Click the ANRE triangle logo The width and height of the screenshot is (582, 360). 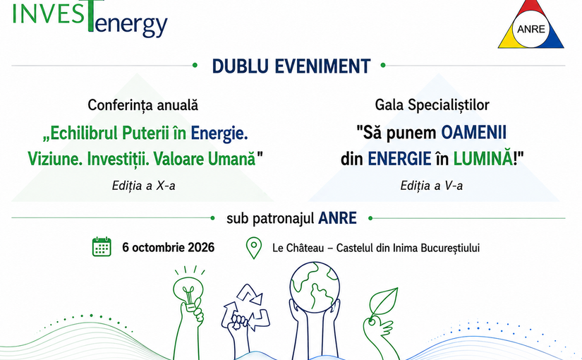[531, 25]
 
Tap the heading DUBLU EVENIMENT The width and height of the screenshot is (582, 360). [291, 66]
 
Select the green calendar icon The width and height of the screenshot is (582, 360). [102, 246]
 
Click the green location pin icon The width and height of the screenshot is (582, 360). [254, 248]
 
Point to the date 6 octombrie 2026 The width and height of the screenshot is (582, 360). [168, 248]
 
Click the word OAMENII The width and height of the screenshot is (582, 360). [473, 133]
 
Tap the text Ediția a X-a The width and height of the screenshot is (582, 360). [144, 186]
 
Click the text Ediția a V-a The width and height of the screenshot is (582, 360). [432, 186]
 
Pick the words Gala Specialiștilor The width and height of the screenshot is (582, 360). [432, 105]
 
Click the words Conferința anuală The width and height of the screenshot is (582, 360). [143, 105]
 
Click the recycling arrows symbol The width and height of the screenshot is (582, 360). [245, 308]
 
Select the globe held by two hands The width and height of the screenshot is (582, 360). [315, 287]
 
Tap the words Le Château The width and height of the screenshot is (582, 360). [298, 248]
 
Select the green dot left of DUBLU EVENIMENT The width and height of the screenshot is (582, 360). [195, 66]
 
